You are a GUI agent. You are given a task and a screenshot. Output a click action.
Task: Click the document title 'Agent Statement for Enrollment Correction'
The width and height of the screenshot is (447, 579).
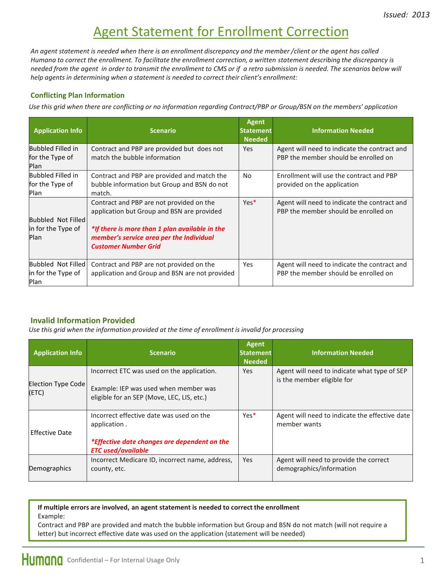pyautogui.click(x=221, y=32)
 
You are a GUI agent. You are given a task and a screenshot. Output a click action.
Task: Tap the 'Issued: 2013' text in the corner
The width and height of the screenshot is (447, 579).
pyautogui.click(x=406, y=14)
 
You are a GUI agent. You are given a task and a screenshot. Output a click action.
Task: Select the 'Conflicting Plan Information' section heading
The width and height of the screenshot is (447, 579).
pyautogui.click(x=77, y=95)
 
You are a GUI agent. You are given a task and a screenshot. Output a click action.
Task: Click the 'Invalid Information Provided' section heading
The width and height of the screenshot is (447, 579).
pyautogui.click(x=83, y=320)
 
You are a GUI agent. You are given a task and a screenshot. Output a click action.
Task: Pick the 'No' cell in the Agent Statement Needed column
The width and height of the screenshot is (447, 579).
pyautogui.click(x=247, y=176)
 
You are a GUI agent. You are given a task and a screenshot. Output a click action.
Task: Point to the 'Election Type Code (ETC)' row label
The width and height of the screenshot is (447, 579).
pyautogui.click(x=57, y=388)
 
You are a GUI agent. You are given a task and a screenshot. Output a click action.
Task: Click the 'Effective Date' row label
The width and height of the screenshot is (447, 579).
pyautogui.click(x=51, y=433)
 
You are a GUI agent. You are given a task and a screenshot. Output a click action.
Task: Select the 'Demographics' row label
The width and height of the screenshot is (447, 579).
pyautogui.click(x=50, y=468)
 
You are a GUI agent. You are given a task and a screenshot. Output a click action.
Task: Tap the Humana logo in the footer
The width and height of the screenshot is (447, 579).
pyautogui.click(x=42, y=560)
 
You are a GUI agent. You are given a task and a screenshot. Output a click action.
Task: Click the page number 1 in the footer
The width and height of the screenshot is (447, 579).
pyautogui.click(x=422, y=561)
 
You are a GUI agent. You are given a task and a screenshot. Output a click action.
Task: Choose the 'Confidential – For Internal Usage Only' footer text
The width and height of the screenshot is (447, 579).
pyautogui.click(x=123, y=560)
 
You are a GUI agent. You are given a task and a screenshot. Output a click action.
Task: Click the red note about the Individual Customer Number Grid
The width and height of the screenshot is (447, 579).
pyautogui.click(x=158, y=237)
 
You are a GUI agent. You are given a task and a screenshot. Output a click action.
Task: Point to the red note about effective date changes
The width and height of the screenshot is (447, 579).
pyautogui.click(x=160, y=446)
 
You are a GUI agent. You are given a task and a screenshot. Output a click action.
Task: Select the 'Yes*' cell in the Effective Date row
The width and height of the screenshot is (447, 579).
pyautogui.click(x=249, y=415)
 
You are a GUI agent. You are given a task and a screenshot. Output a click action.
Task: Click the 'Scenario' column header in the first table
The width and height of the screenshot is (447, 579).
pyautogui.click(x=162, y=130)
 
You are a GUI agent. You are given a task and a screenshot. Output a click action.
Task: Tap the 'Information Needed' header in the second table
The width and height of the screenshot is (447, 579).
pyautogui.click(x=342, y=353)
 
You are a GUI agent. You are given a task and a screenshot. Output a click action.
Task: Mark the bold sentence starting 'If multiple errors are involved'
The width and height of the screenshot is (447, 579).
pyautogui.click(x=168, y=507)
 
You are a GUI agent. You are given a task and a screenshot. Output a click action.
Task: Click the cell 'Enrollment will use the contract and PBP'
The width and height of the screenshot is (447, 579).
pyautogui.click(x=337, y=180)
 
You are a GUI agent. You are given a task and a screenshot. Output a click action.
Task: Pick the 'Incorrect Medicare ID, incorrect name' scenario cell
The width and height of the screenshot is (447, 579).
pyautogui.click(x=162, y=464)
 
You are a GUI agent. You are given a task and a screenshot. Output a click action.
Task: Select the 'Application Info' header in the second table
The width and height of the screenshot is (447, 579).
pyautogui.click(x=58, y=353)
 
